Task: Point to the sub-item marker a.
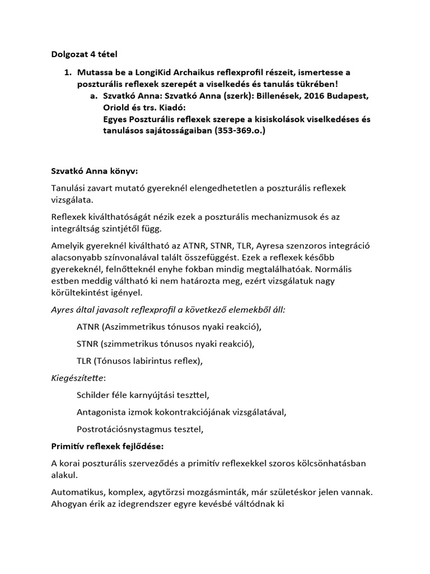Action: (x=94, y=96)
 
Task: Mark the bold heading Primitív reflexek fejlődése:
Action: (x=104, y=447)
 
